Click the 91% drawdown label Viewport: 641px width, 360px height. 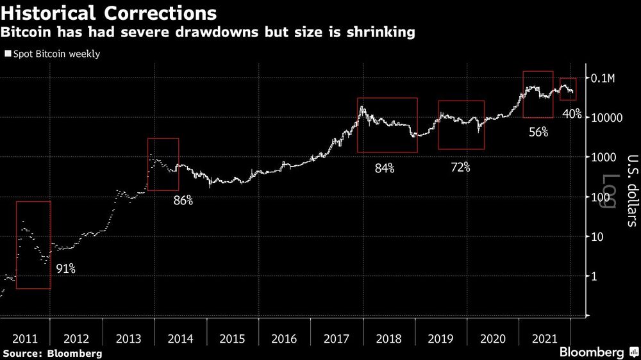[65, 269]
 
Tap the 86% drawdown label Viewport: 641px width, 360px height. [183, 200]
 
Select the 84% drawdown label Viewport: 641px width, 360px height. [385, 168]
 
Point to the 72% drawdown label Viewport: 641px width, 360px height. [460, 167]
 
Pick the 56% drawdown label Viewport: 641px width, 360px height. [538, 133]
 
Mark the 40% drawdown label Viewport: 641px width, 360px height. [571, 114]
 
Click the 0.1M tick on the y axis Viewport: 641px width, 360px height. [603, 78]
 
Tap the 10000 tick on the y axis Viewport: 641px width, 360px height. [607, 118]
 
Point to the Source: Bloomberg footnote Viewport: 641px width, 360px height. [53, 353]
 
